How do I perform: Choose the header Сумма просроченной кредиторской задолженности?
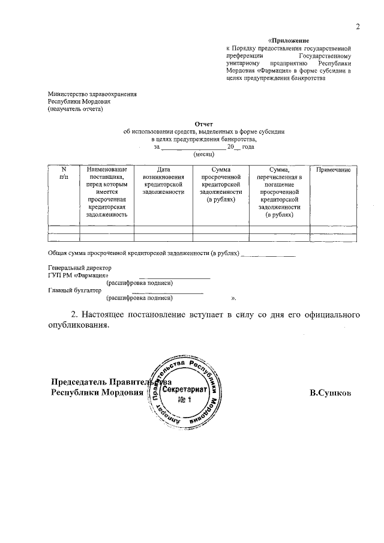pyautogui.click(x=221, y=185)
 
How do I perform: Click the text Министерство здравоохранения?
pyautogui.click(x=92, y=94)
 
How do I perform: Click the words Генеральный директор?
pyautogui.click(x=79, y=268)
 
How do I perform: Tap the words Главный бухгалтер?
pyautogui.click(x=75, y=290)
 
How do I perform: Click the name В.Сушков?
pyautogui.click(x=331, y=393)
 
